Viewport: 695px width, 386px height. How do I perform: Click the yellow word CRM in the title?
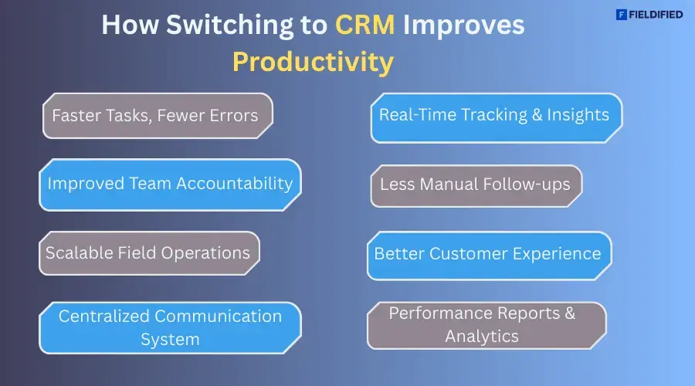click(365, 25)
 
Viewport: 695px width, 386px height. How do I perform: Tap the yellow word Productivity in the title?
click(313, 62)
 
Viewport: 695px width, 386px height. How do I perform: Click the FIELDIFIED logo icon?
click(621, 14)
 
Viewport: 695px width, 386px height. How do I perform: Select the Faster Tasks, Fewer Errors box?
click(158, 116)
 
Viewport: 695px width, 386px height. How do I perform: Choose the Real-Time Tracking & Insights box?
click(496, 117)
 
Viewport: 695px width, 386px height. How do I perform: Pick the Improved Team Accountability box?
click(170, 184)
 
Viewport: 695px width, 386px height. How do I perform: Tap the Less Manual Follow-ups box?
click(476, 185)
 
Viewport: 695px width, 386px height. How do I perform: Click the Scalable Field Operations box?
click(148, 253)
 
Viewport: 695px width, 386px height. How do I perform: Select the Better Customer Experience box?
click(488, 254)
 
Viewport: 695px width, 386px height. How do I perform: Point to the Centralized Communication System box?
click(170, 327)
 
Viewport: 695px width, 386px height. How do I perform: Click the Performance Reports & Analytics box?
click(485, 324)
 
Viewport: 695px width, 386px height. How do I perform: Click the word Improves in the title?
click(463, 25)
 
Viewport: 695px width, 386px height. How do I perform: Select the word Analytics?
click(482, 337)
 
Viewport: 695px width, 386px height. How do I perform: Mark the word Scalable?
click(80, 253)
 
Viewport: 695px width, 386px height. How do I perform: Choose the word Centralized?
click(104, 317)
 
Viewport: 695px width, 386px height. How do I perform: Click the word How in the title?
click(127, 25)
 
